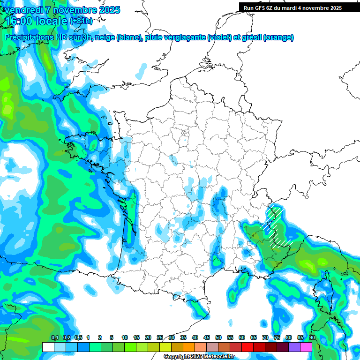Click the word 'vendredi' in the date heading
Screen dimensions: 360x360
[23, 10]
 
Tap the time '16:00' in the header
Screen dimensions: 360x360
[18, 21]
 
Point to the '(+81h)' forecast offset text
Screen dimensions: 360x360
[81, 21]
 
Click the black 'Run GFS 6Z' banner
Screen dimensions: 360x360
[292, 7]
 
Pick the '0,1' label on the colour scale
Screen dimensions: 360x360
[54, 337]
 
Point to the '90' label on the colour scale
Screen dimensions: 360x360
[312, 337]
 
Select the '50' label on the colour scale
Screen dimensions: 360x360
[218, 337]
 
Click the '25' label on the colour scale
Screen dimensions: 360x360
[160, 337]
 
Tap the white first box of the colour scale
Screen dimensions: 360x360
[48, 347]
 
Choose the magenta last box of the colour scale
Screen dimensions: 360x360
[306, 347]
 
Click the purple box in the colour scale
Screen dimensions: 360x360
[294, 347]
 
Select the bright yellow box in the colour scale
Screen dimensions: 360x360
[165, 347]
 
